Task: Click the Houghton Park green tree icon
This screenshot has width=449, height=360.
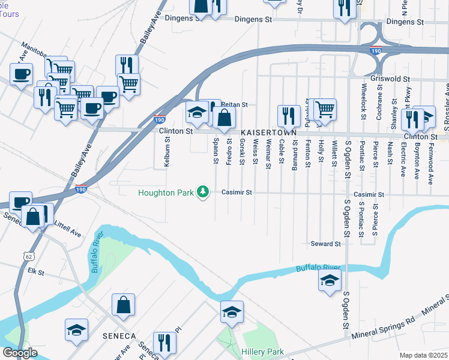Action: coord(203,192)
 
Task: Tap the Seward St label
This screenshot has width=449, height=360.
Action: coord(326,244)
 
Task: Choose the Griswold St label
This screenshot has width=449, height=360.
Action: coord(390,79)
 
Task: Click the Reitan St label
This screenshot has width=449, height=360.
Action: coord(235,104)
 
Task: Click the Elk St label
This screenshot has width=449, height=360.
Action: coord(37,271)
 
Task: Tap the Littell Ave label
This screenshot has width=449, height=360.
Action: coord(68,230)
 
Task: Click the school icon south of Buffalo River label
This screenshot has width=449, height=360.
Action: coord(330,280)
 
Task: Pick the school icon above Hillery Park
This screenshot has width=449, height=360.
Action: coord(232,312)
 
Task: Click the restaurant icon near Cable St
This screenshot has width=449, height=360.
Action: coord(289,116)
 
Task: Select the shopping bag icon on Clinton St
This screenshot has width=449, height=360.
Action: coord(224,118)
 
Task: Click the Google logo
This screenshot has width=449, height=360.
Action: coord(20,353)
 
